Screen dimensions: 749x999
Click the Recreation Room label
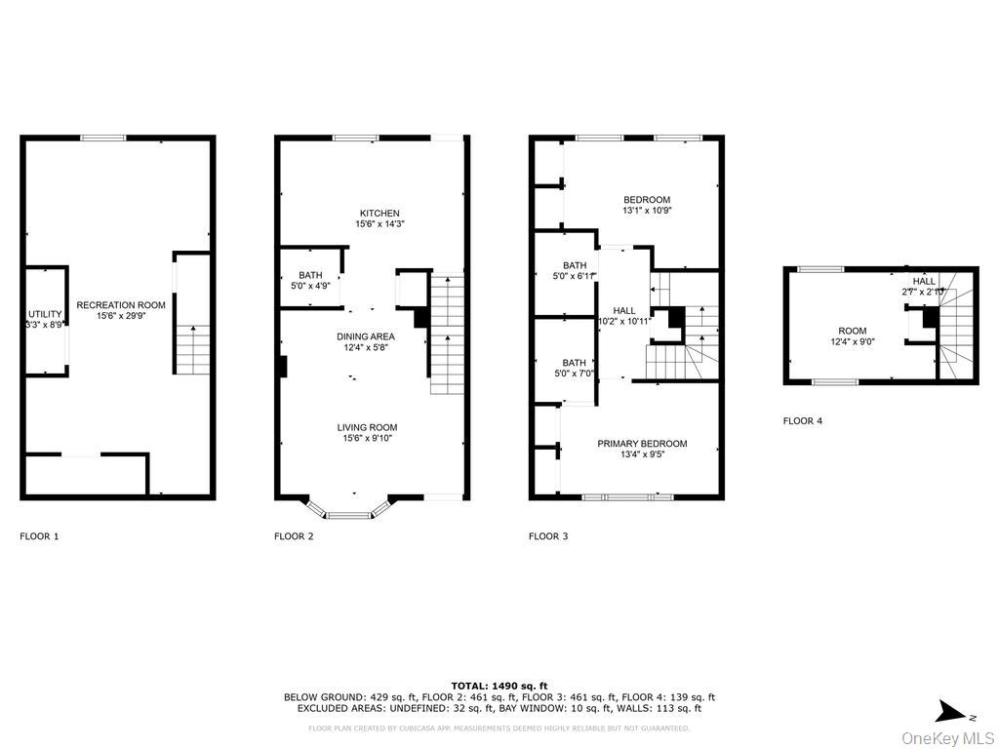point(121,310)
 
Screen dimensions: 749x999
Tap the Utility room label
point(45,319)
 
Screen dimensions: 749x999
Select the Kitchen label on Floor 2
point(380,218)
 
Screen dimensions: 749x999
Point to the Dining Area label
point(366,341)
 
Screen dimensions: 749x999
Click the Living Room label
point(367,433)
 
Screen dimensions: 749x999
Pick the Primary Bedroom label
point(642,448)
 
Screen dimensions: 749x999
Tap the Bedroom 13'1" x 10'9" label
point(647,205)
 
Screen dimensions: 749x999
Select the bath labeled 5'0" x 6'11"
point(575,271)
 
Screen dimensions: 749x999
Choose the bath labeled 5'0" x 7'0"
point(575,368)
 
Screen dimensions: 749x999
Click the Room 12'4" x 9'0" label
point(852,336)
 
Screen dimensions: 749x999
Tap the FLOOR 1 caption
point(39,536)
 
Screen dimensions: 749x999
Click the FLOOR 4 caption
point(803,421)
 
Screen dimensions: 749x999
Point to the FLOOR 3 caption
point(548,536)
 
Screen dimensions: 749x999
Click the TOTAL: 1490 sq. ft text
point(499,686)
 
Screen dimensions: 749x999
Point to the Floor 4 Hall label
point(924,286)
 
